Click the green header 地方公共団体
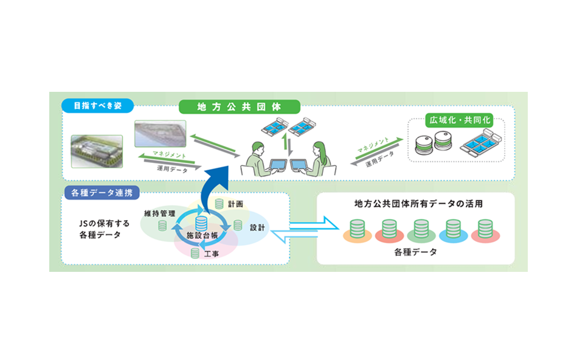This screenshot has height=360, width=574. click(239, 106)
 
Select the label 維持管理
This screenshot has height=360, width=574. click(159, 213)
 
